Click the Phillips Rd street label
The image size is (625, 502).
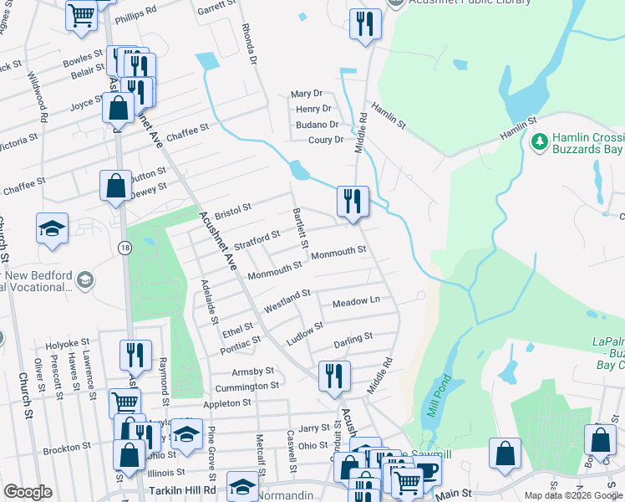135,13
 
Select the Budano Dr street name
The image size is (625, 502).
317,125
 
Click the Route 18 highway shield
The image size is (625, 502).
124,248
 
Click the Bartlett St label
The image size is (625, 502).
297,227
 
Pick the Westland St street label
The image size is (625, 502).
287,300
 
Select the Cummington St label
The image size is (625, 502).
246,386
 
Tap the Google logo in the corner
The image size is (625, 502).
28,492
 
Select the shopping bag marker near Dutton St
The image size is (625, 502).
115,185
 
